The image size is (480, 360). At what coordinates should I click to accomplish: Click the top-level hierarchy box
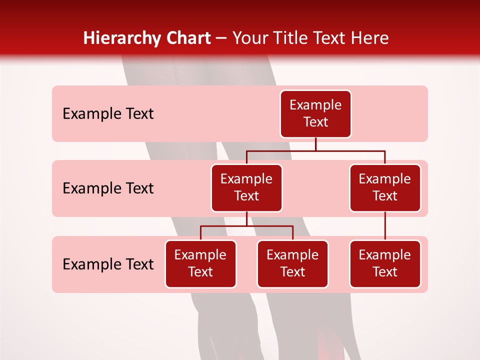click(315, 113)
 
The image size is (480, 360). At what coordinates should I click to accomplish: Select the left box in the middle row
click(246, 187)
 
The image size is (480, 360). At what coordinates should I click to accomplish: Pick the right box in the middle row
click(385, 187)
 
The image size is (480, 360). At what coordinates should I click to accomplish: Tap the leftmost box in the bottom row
click(200, 263)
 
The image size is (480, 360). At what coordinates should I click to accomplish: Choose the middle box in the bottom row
click(292, 263)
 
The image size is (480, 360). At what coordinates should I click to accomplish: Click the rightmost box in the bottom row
click(385, 263)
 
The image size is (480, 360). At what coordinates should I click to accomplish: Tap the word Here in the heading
click(370, 38)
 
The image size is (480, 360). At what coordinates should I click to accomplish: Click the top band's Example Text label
click(108, 114)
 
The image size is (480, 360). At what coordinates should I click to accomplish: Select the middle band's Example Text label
click(108, 188)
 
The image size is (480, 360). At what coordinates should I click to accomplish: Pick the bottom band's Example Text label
click(108, 264)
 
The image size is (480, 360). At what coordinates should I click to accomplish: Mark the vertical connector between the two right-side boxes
click(385, 226)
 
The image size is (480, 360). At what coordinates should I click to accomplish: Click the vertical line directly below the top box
click(315, 144)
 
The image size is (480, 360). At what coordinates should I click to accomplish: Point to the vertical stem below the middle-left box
click(246, 219)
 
